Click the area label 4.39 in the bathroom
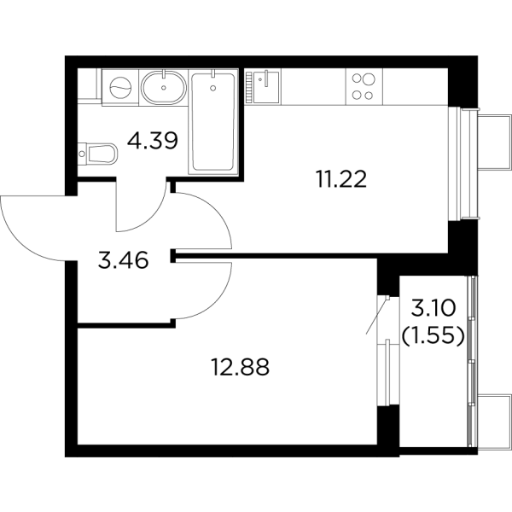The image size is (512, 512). tap(153, 141)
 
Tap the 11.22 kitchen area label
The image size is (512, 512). tap(341, 179)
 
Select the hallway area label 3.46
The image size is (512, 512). tap(123, 260)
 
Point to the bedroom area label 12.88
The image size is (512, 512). tap(241, 367)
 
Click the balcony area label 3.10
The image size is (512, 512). tap(433, 308)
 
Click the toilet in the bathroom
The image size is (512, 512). tap(97, 153)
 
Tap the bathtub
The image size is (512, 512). tap(213, 122)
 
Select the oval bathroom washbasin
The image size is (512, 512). tap(164, 87)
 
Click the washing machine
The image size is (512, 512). tap(120, 88)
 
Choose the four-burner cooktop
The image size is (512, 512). tap(364, 87)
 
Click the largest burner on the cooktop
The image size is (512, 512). tap(369, 79)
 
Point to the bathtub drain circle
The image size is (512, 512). tap(213, 88)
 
